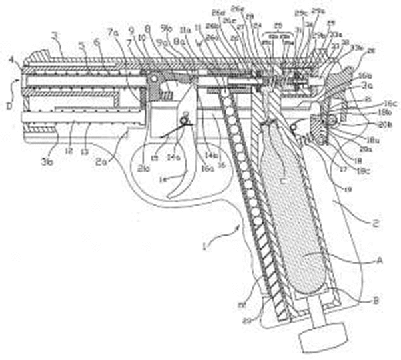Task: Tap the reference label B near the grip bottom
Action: click(376, 301)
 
